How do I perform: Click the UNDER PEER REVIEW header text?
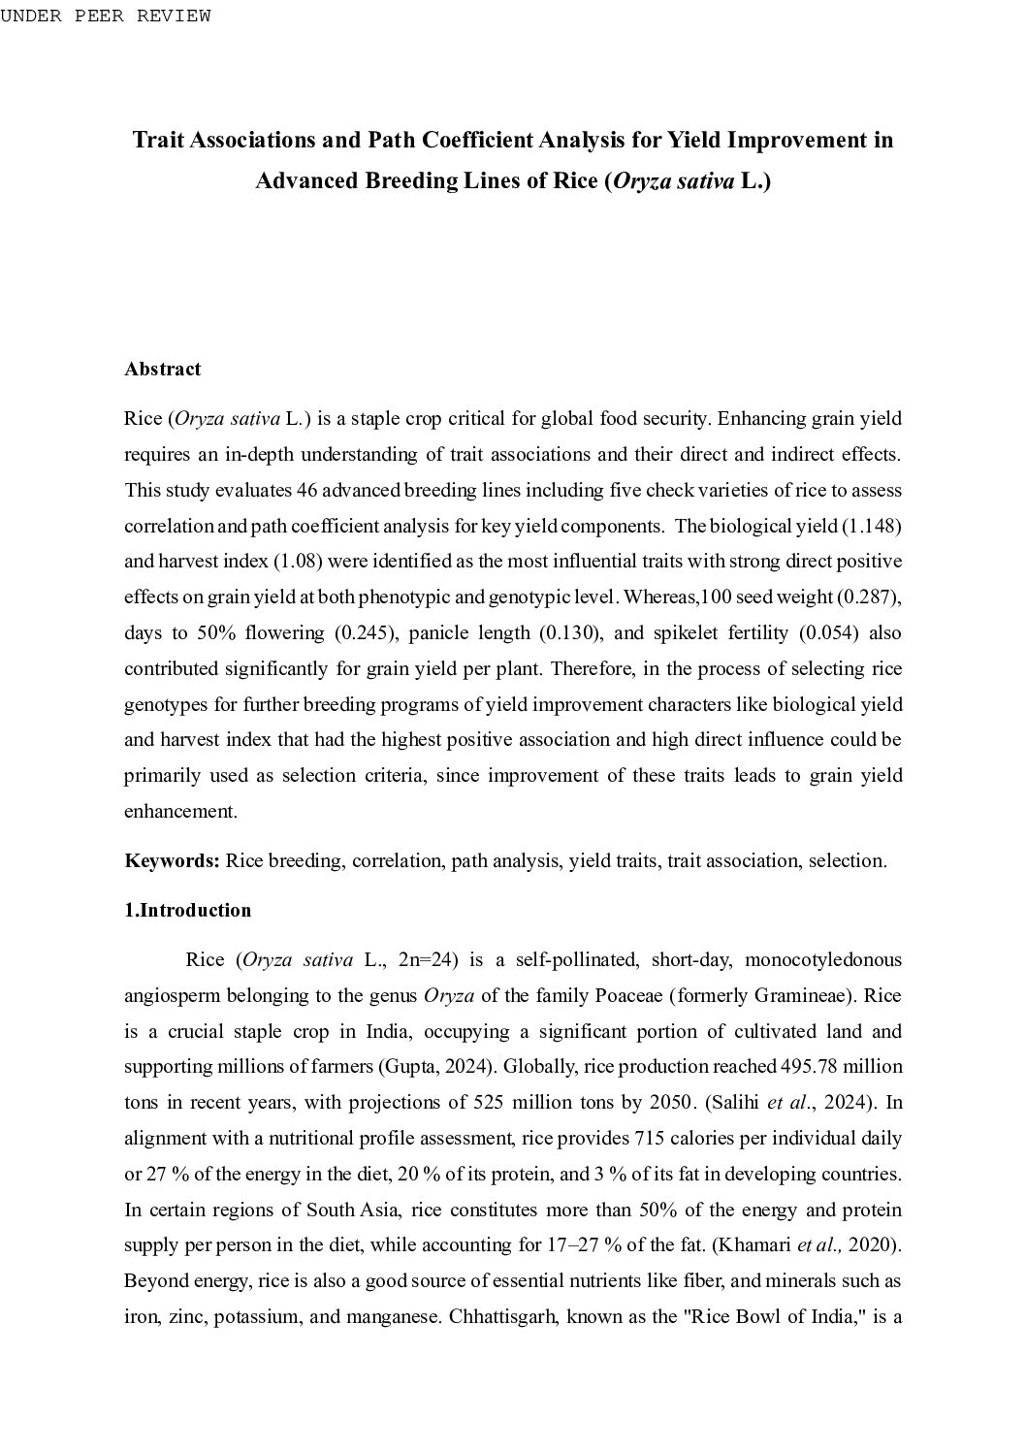(x=105, y=16)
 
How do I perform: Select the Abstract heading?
(x=162, y=370)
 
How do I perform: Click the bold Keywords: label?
(x=173, y=861)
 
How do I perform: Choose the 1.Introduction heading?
(x=187, y=911)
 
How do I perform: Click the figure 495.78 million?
(x=841, y=1067)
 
